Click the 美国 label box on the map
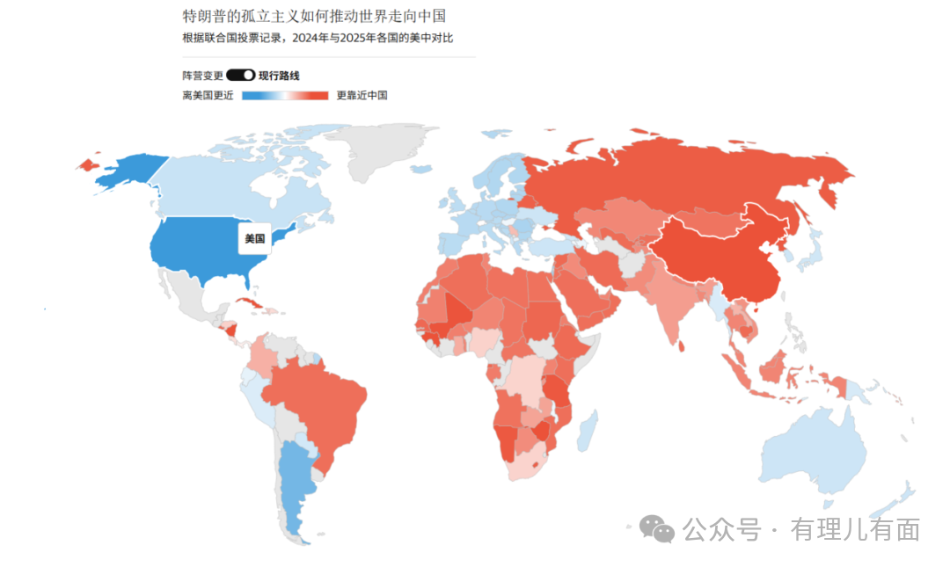point(254,238)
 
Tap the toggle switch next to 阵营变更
point(240,76)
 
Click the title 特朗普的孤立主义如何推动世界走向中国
point(314,16)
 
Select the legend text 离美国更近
point(208,95)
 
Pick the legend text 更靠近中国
point(362,95)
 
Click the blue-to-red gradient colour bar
point(284,95)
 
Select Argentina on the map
point(295,483)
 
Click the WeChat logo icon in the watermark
point(656,528)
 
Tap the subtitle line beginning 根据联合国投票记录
point(318,38)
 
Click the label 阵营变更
point(202,76)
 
